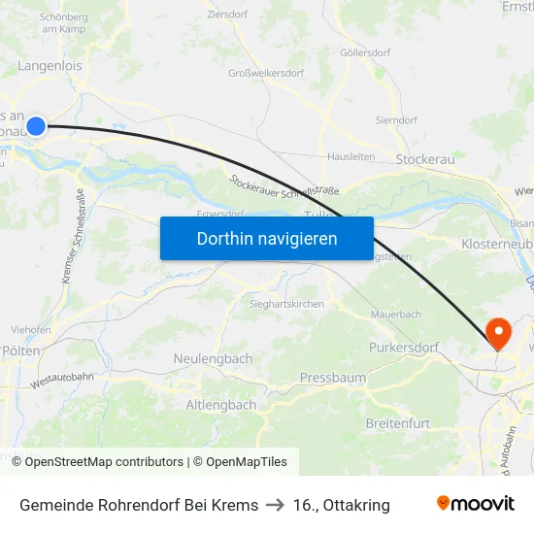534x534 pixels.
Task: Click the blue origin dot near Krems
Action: click(36, 125)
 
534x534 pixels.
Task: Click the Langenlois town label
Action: click(50, 66)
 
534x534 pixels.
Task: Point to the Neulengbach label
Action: click(213, 358)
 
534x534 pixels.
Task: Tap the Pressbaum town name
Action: click(331, 376)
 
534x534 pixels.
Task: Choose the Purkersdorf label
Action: click(404, 347)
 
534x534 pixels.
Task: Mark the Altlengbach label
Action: click(220, 404)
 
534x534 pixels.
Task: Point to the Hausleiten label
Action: click(350, 155)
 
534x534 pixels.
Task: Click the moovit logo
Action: click(476, 504)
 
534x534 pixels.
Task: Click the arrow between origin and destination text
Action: click(276, 505)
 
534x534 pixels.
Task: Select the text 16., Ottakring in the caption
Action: click(342, 505)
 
